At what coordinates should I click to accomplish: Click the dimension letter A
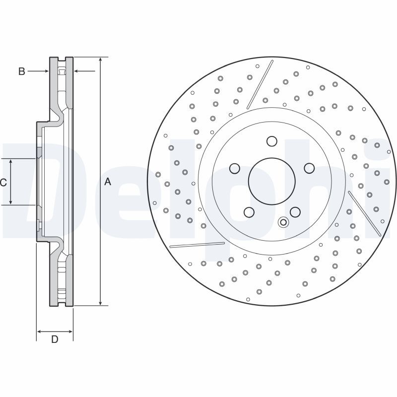pos(108,182)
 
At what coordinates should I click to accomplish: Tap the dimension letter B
pos(21,71)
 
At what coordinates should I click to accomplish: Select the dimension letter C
pos(3,182)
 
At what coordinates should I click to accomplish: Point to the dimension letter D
pos(55,339)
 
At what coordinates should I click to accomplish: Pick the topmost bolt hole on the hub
pos(271,141)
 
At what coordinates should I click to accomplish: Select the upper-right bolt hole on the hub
pos(309,168)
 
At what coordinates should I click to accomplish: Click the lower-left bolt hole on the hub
pos(249,212)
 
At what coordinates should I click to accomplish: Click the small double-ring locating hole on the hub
pos(283,222)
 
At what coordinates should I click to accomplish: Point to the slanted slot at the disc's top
pos(260,85)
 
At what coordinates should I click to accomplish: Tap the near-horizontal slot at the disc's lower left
pos(197,244)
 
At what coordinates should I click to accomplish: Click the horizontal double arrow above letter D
pos(55,331)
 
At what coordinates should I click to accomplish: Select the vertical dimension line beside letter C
pos(11,182)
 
